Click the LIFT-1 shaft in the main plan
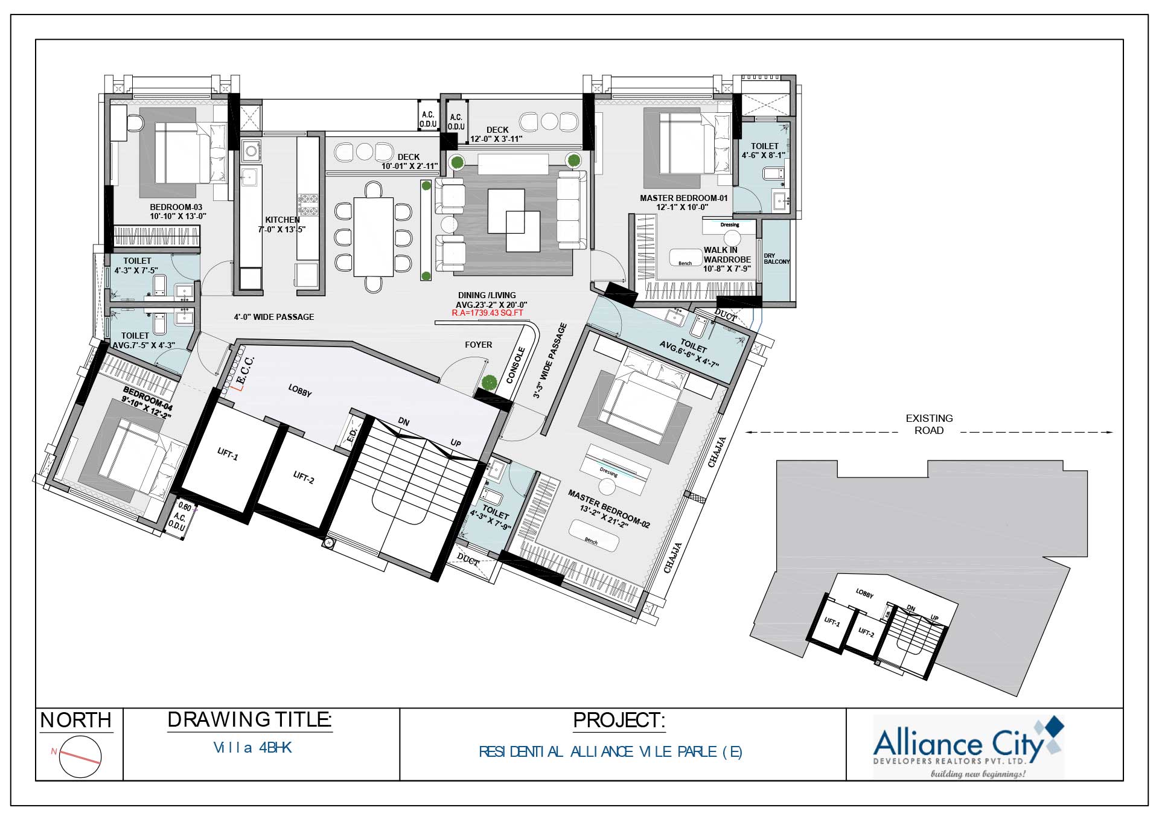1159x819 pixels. tap(227, 454)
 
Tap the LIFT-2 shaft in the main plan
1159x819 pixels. tap(303, 477)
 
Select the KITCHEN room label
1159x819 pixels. tap(283, 220)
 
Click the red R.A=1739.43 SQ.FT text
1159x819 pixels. tap(487, 313)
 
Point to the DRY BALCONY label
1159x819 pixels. tap(776, 259)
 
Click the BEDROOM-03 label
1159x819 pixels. tap(176, 207)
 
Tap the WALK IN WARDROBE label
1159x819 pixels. tap(727, 255)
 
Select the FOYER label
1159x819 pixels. tap(478, 345)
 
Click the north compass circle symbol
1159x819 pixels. tap(80, 757)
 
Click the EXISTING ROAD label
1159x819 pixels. tap(929, 424)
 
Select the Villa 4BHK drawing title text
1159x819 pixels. tap(252, 748)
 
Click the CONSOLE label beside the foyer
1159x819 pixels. tap(516, 365)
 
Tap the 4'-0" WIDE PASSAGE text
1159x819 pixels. tap(274, 317)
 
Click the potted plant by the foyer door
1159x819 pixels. tap(490, 383)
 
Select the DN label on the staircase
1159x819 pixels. tap(404, 422)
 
